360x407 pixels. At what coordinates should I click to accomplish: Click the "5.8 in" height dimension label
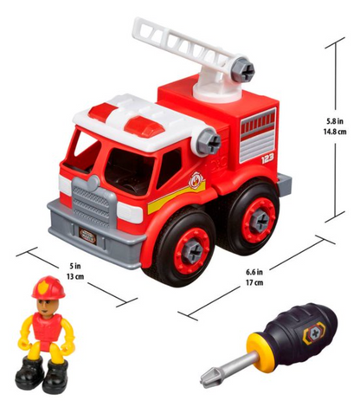335,121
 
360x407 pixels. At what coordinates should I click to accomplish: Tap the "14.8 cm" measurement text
335,132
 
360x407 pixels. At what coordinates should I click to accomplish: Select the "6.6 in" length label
254,272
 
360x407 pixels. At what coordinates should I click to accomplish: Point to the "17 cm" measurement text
254,282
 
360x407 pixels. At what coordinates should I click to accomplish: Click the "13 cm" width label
75,276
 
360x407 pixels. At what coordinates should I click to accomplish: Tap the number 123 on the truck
267,158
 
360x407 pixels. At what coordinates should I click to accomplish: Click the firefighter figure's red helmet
48,287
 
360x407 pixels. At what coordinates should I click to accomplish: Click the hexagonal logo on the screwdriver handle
314,333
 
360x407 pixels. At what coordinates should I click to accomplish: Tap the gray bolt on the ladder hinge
242,69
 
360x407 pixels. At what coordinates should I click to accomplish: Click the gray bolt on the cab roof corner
209,141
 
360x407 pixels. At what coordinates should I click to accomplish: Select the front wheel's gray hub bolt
193,250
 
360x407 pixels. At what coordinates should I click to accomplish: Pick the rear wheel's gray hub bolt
259,221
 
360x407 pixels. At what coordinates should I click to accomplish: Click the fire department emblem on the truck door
196,179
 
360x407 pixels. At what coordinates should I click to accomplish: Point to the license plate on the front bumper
87,232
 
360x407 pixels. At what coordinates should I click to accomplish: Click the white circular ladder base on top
218,93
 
